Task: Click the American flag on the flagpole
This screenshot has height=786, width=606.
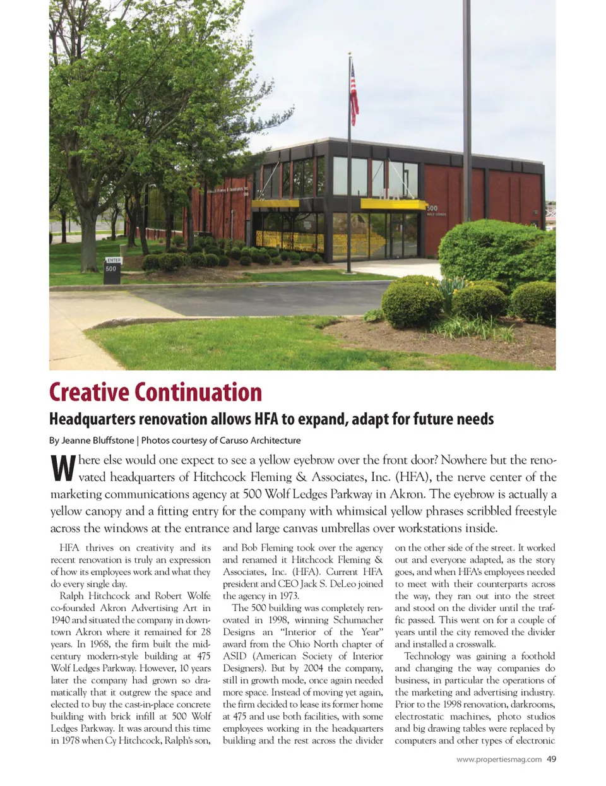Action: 354,95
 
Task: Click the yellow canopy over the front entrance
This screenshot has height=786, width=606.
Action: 393,203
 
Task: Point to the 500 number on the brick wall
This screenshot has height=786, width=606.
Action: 432,208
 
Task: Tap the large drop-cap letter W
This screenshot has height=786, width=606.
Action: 62,468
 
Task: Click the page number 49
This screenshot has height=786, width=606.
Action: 552,759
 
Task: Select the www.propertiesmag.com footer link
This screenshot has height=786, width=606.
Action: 499,759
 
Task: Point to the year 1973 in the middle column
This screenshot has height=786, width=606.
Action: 287,596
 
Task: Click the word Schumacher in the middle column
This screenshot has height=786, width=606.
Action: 358,620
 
